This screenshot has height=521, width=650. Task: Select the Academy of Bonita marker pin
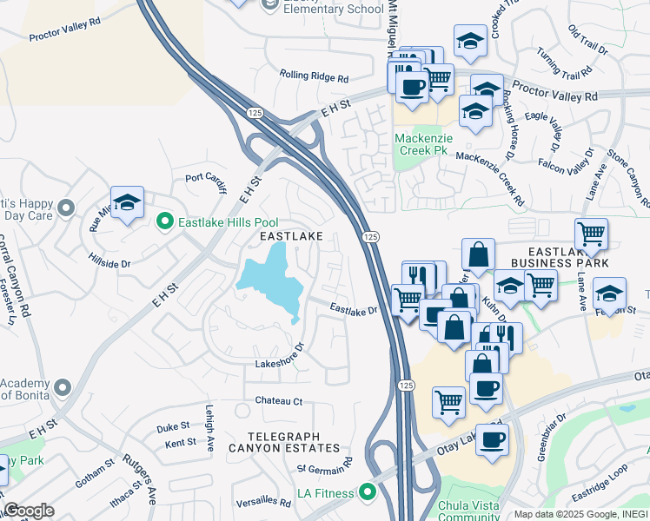(x=62, y=386)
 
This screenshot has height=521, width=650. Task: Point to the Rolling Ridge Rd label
(x=314, y=76)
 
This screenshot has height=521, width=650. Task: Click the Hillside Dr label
(x=109, y=260)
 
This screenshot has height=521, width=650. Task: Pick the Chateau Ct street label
(x=278, y=401)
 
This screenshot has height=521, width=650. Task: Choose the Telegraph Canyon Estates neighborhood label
(x=283, y=442)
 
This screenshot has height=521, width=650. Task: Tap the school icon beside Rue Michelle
(x=128, y=204)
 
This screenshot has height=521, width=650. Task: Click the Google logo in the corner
(x=29, y=511)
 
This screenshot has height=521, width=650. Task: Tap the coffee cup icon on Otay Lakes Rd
(x=493, y=439)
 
